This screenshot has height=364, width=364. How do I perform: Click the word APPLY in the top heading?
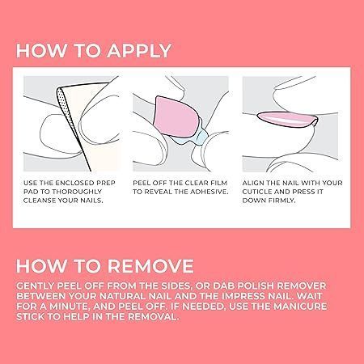pyautogui.click(x=139, y=50)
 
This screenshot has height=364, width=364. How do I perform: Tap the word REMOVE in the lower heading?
pyautogui.click(x=150, y=266)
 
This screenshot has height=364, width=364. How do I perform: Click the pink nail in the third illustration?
pyautogui.click(x=287, y=119)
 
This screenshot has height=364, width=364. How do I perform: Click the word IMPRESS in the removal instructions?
pyautogui.click(x=242, y=296)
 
